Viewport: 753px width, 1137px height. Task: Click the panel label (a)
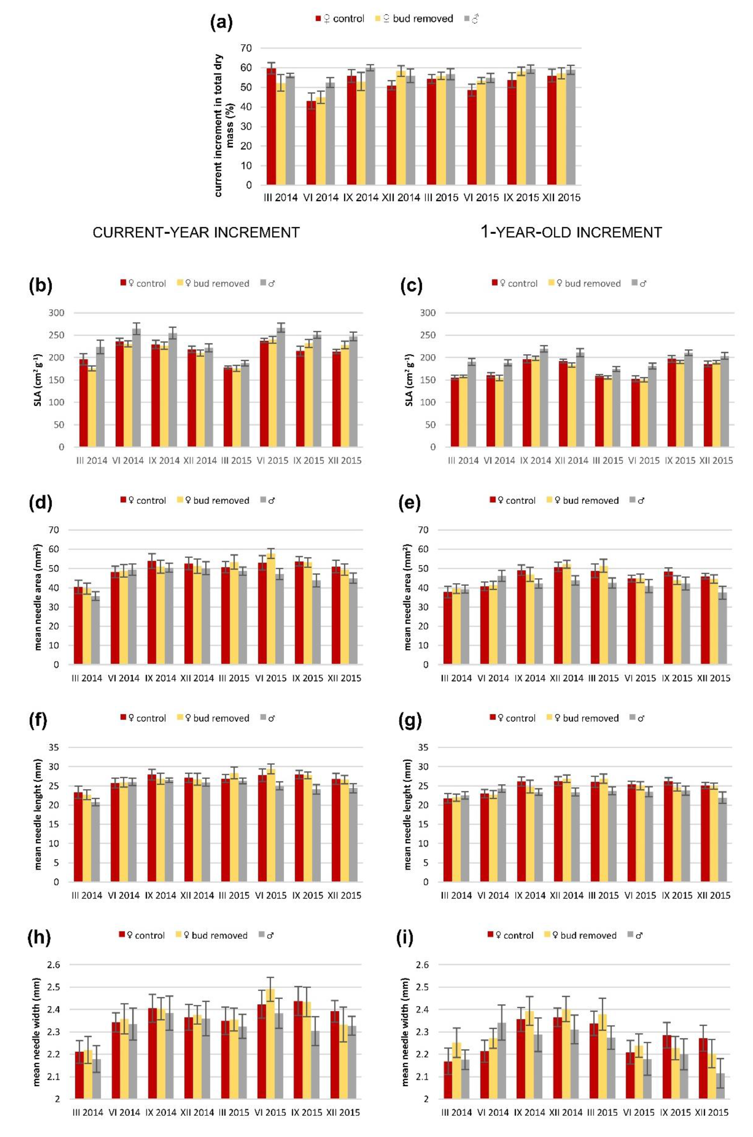point(222,23)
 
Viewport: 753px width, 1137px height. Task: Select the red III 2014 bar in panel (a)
point(271,128)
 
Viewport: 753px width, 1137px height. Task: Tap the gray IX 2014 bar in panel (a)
point(370,126)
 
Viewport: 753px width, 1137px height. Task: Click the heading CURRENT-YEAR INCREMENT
point(196,233)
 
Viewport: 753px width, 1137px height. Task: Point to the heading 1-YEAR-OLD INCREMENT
point(571,233)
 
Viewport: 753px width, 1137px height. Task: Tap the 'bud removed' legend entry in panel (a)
point(417,19)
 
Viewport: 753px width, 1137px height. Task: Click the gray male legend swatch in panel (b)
point(263,283)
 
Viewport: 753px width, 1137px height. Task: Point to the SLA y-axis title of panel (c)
point(409,380)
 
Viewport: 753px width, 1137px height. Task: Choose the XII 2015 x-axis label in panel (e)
point(714,678)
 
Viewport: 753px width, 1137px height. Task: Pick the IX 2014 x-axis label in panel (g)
point(530,895)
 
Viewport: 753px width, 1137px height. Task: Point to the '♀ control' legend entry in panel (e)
point(513,500)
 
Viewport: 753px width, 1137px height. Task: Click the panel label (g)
point(410,720)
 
